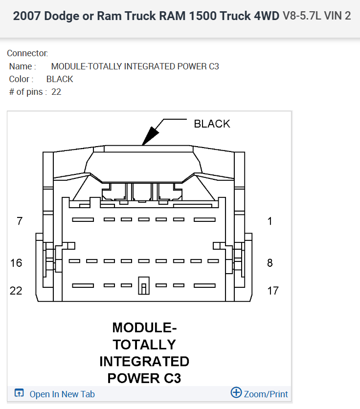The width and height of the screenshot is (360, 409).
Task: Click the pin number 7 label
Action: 20,221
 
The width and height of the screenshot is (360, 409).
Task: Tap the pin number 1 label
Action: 270,221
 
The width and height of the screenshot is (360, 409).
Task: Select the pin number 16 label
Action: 16,263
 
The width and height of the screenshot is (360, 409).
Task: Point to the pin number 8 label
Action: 270,263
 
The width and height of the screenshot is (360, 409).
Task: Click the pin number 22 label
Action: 16,291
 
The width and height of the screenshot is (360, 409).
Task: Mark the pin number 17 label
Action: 273,291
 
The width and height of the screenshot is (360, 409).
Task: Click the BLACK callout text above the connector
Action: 212,124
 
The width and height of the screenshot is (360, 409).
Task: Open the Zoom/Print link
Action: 266,394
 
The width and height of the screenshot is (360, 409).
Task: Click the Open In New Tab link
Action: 62,394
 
